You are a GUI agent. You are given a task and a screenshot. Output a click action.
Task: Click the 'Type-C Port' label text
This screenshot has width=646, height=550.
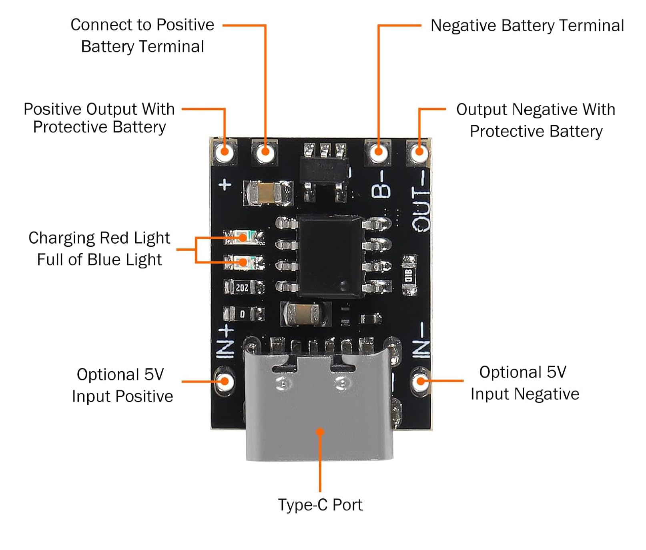point(320,505)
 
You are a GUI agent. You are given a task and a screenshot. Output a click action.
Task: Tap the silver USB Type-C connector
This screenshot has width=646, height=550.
point(319,404)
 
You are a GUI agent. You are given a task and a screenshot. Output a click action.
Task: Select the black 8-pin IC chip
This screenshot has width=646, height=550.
point(331,256)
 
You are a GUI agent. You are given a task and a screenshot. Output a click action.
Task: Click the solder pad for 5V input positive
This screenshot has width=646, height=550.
point(225,381)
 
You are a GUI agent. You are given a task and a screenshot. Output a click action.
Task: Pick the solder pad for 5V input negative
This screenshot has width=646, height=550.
point(420,380)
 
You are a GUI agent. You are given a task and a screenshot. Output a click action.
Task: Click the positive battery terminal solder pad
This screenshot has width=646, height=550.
point(265,152)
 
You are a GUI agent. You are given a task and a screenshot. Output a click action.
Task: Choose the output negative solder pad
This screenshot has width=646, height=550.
point(419,152)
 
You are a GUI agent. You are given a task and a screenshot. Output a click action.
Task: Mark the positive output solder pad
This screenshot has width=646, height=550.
point(225,152)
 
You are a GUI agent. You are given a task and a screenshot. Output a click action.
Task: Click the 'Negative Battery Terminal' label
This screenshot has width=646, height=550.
point(527,26)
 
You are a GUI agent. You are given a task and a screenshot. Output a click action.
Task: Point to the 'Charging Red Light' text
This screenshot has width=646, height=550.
point(99,238)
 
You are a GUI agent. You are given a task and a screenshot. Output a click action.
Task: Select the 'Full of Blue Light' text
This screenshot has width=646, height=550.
point(99,260)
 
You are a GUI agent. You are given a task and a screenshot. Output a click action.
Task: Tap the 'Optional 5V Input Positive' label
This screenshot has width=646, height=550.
point(122,385)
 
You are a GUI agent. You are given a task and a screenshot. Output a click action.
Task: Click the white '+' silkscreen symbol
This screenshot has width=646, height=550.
point(225,184)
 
